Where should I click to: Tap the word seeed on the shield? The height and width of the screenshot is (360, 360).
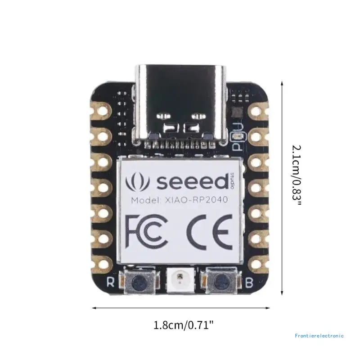[x=191, y=182]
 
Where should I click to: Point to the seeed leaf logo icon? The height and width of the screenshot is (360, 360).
[x=136, y=182]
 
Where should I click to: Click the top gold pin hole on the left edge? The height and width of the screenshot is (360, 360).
[x=102, y=109]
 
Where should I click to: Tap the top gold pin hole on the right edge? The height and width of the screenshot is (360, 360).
[x=258, y=109]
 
